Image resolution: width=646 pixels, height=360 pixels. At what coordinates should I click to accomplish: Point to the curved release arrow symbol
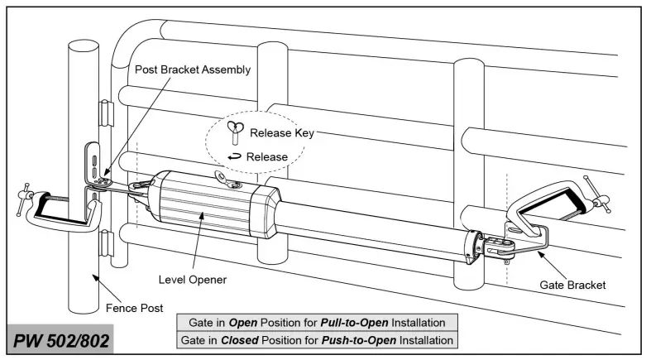coord(235,157)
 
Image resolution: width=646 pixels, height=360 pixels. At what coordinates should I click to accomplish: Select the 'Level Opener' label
coord(191,280)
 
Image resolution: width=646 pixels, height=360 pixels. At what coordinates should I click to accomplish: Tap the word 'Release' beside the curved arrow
coord(268,157)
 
